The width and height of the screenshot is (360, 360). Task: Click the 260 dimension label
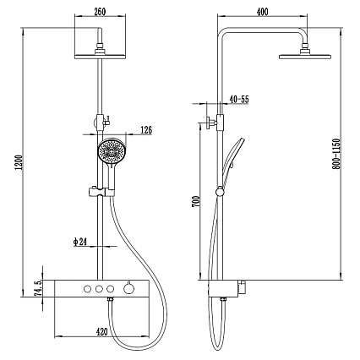pyautogui.click(x=100, y=12)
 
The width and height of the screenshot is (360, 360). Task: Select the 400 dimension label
pyautogui.click(x=263, y=12)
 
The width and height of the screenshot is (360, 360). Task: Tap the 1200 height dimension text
pyautogui.click(x=19, y=162)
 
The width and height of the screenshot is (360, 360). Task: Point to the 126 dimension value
pyautogui.click(x=146, y=130)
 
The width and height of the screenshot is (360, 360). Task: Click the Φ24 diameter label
pyautogui.click(x=80, y=242)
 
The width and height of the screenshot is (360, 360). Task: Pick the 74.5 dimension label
pyautogui.click(x=38, y=288)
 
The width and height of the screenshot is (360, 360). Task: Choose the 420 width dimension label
pyautogui.click(x=101, y=332)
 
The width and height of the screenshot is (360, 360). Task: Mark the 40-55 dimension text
pyautogui.click(x=239, y=99)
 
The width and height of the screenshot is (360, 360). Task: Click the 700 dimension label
pyautogui.click(x=196, y=202)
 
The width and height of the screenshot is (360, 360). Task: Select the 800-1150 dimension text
pyautogui.click(x=336, y=154)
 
